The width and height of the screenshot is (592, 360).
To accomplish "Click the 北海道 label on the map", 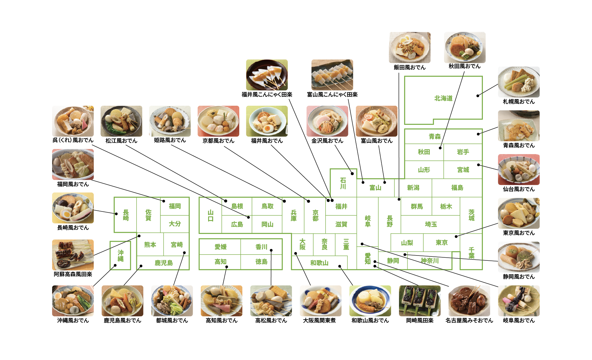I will (443, 98).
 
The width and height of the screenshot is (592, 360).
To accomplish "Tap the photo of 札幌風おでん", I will (519, 82).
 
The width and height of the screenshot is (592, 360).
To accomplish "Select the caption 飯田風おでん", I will (409, 67).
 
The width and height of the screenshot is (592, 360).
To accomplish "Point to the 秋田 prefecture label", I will (424, 152).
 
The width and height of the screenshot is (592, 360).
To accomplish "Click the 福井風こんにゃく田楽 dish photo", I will (267, 75).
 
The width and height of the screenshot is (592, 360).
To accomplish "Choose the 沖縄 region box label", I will (121, 256).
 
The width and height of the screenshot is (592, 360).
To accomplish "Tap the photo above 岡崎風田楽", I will (420, 301).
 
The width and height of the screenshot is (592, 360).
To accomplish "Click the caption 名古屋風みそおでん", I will (469, 321).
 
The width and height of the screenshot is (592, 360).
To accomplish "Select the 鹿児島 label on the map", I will (163, 263).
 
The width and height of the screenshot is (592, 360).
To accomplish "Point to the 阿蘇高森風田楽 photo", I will (73, 255).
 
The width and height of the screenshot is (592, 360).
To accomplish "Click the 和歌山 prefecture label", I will (319, 263).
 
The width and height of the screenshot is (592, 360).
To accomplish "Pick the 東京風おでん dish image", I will (519, 213).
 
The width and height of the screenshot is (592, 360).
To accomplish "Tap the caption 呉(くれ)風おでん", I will (73, 140).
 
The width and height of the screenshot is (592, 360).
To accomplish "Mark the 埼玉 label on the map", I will (431, 224).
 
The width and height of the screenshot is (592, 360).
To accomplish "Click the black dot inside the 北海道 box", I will (478, 96).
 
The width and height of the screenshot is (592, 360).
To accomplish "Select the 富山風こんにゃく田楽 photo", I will (332, 75).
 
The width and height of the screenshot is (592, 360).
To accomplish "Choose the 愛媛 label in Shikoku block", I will (220, 247).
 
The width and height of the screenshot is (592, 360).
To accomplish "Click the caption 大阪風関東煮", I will (319, 321).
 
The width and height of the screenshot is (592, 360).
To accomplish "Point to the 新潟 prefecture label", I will (413, 188).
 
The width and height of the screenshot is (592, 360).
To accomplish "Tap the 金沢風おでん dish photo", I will (327, 121).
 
